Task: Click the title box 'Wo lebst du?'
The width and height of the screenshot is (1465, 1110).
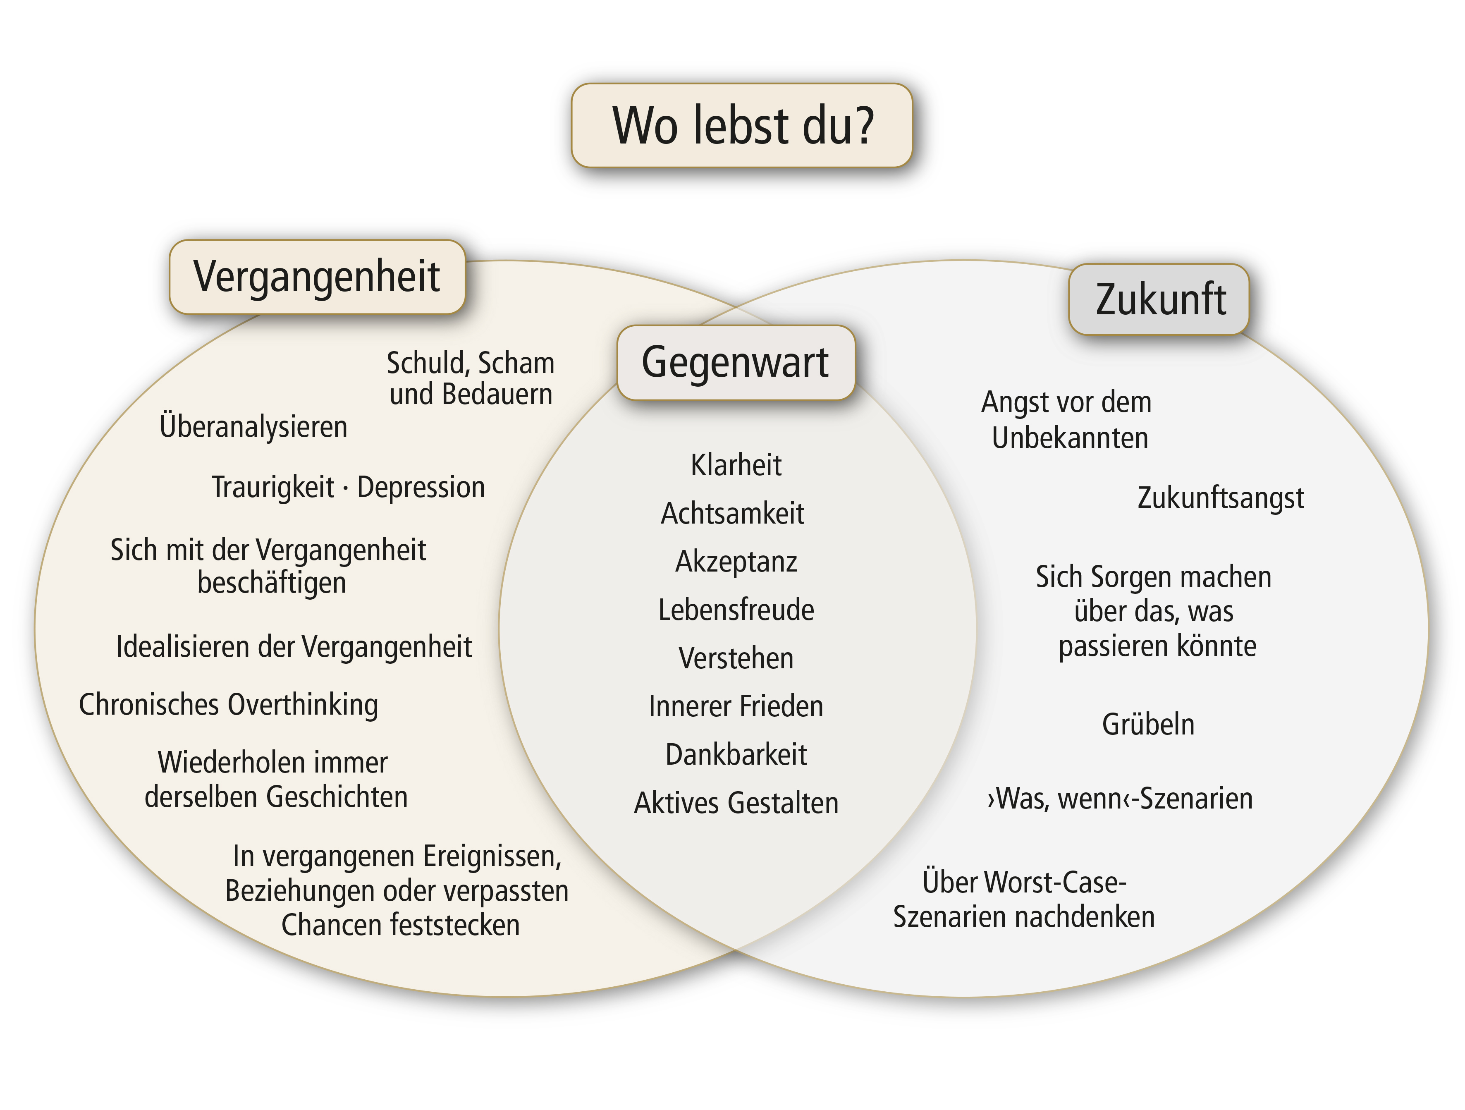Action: pos(742,125)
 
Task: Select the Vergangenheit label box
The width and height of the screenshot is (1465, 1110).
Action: pos(317,277)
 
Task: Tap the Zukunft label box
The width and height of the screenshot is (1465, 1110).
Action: pos(1159,299)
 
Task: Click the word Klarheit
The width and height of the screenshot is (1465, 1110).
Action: pos(736,465)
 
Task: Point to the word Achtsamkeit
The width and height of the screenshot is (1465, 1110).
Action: pos(733,513)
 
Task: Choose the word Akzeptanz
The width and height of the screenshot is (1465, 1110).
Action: pos(736,562)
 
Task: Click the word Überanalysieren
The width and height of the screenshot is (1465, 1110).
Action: pos(253,426)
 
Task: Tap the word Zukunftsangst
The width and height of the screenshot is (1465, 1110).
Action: pos(1221,498)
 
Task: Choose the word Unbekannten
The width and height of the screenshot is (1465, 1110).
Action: pos(1070,438)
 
